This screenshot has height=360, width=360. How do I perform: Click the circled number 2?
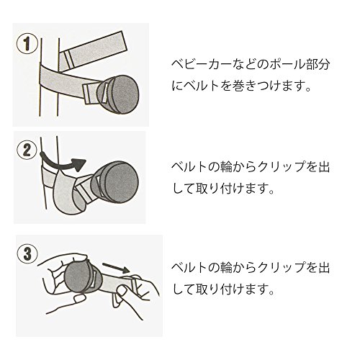pos(27,150)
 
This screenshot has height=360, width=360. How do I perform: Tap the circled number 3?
pos(27,253)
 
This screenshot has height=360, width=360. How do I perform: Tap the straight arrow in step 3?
pos(116,268)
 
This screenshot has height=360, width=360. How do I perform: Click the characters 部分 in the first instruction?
pos(317,65)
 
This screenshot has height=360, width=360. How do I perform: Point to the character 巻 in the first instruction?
pos(238,86)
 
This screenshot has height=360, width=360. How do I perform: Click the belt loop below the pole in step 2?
pos(68,194)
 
